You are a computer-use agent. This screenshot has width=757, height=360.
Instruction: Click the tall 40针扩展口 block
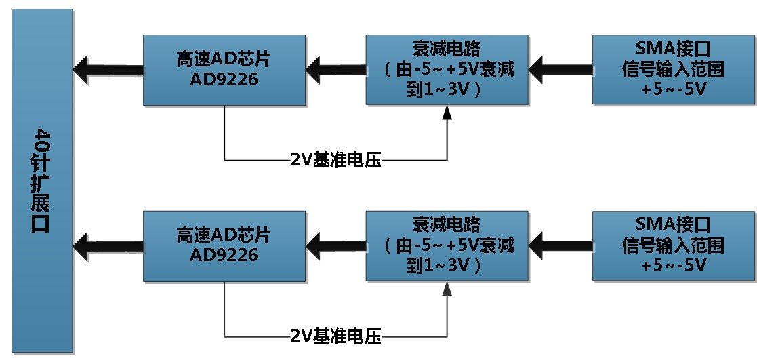(42, 180)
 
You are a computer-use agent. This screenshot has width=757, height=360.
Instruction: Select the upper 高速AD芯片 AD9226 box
(224, 70)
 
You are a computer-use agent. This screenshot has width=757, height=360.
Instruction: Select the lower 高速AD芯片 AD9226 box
(224, 245)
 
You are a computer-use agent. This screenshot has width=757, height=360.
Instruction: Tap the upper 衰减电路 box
(447, 70)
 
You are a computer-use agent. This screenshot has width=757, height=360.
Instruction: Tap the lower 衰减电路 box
(447, 245)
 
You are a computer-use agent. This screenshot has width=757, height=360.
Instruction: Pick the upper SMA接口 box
(674, 70)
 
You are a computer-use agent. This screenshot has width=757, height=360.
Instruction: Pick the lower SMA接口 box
(674, 245)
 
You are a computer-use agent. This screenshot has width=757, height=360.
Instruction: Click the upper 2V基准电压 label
(335, 161)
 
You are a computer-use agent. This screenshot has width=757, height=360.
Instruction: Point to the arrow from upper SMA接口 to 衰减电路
(560, 68)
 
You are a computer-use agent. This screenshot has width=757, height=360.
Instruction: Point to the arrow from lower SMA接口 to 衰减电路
(560, 243)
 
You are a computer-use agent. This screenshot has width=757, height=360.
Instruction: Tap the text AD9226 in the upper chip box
(224, 79)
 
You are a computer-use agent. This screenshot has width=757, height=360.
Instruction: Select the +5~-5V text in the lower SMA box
(674, 265)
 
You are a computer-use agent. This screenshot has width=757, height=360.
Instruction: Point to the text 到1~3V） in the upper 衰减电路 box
(447, 89)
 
